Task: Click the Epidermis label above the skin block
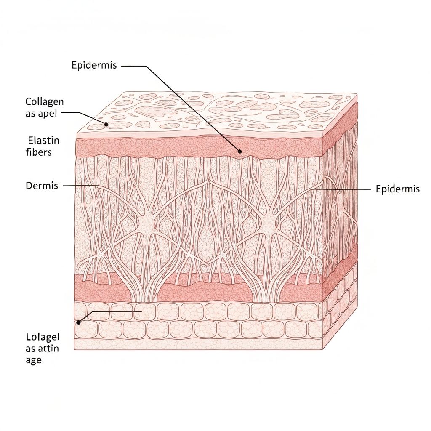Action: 94,66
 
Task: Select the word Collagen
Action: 45,101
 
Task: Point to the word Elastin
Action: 43,140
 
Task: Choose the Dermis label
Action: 42,186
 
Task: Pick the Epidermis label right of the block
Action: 397,189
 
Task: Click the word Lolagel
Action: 43,337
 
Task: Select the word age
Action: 34,360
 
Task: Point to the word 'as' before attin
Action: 31,349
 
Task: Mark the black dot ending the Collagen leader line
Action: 107,125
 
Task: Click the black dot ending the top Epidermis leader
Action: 239,152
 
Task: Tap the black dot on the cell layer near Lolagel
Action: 78,322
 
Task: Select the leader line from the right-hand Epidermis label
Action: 345,189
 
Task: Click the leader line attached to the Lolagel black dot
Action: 118,312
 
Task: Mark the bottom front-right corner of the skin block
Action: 323,349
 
